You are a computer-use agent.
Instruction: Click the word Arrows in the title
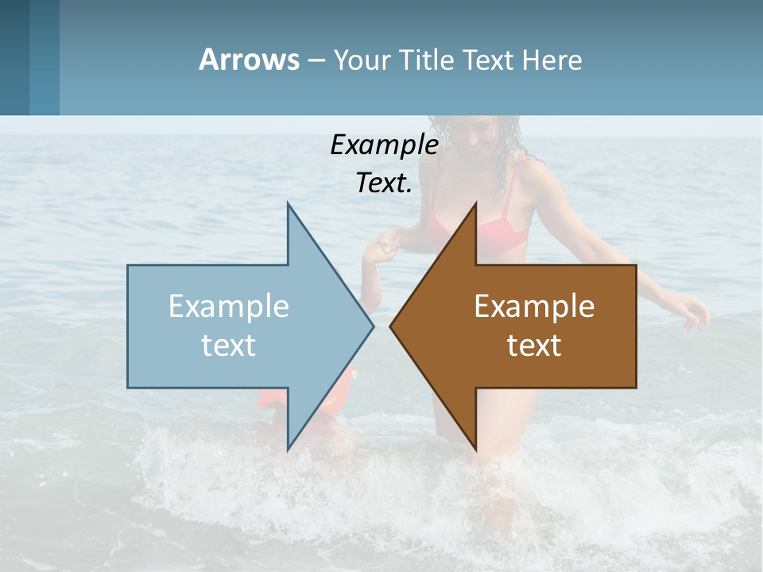pos(249,60)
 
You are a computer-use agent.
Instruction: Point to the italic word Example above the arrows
pos(384,145)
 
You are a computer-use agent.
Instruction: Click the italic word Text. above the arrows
pos(384,183)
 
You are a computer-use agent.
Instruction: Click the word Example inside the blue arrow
pos(229,307)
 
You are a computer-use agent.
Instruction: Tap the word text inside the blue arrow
pos(229,345)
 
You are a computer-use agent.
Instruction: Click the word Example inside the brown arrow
pos(534,307)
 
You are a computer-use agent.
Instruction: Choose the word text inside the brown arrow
pos(534,345)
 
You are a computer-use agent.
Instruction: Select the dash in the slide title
pos(316,60)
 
